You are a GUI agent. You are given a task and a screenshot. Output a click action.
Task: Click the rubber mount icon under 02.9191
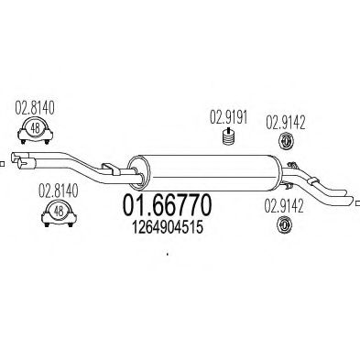pyautogui.click(x=227, y=138)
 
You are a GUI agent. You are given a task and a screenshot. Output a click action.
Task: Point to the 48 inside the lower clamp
pyautogui.click(x=57, y=212)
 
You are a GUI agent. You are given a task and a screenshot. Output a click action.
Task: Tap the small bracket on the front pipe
pyautogui.click(x=110, y=166)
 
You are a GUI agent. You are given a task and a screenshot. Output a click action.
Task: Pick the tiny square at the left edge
pyautogui.click(x=3, y=165)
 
